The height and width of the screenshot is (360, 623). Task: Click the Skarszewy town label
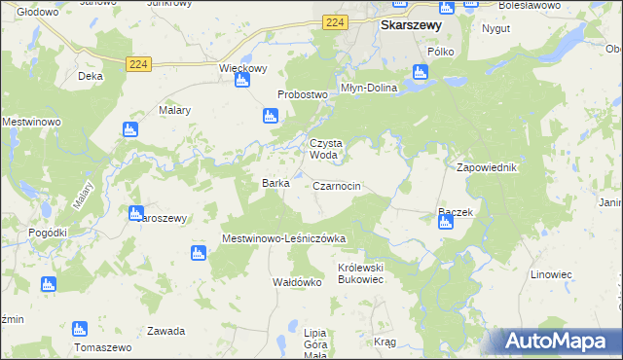tap(414, 25)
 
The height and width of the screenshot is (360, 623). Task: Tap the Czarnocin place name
tap(338, 185)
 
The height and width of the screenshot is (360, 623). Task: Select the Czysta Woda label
tap(325, 148)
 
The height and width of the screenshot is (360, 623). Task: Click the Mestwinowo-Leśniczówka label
tap(284, 237)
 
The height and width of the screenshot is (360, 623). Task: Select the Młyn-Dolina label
tap(365, 86)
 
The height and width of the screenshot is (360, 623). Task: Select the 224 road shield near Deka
tap(137, 63)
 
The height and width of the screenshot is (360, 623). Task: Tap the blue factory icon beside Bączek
tap(445, 223)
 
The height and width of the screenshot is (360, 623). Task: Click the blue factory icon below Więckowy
tap(242, 83)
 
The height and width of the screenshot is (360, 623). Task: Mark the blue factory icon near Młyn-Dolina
tap(420, 72)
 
